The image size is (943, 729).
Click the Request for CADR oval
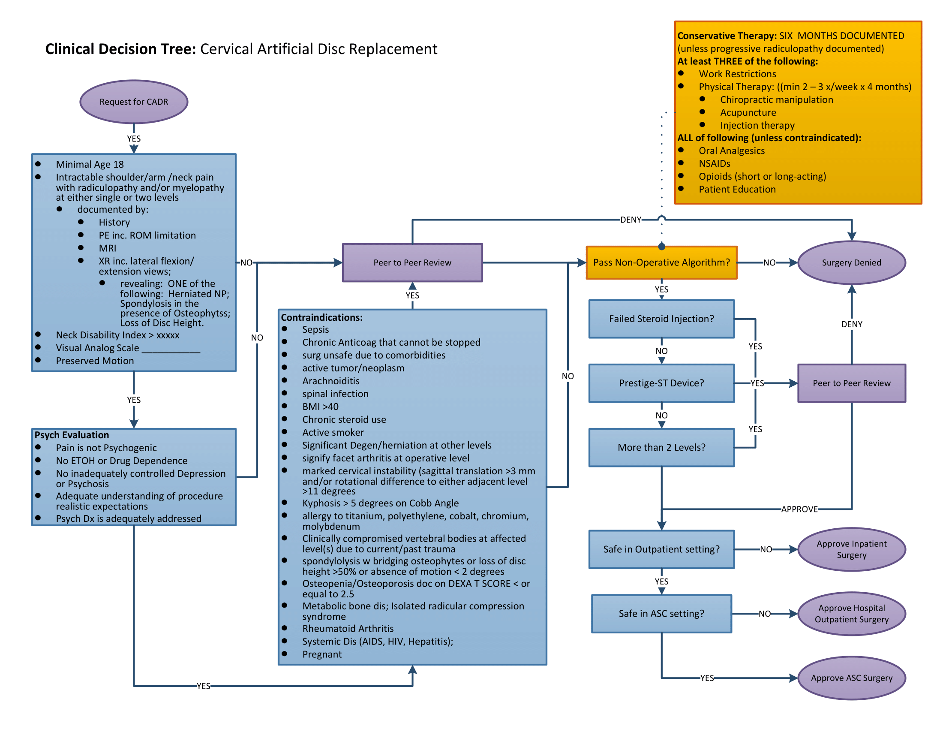coord(134,102)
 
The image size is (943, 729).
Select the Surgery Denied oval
coord(851,262)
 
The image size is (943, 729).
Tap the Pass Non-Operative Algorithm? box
coord(661,262)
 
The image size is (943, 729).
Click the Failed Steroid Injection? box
coord(661,319)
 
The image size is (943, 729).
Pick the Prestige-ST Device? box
coord(661,383)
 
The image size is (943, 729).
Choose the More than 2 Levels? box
coord(661,447)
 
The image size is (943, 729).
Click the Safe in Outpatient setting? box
coord(661,549)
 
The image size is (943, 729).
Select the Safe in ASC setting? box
coord(661,613)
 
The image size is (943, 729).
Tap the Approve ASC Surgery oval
coord(851,678)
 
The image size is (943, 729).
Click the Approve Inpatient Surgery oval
coord(851,549)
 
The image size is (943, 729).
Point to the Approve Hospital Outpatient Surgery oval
coord(851,613)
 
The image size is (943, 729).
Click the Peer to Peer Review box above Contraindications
coord(412,262)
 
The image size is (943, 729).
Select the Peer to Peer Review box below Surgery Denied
coord(851,383)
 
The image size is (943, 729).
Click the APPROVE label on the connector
coord(799,509)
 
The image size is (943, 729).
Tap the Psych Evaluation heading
coord(72,435)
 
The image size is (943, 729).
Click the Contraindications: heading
coord(321,317)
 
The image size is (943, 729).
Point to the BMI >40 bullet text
coord(320,407)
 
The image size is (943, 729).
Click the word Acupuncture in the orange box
coord(748,113)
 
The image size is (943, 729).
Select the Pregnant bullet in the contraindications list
coord(321,654)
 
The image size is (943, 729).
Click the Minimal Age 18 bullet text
coord(90,165)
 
